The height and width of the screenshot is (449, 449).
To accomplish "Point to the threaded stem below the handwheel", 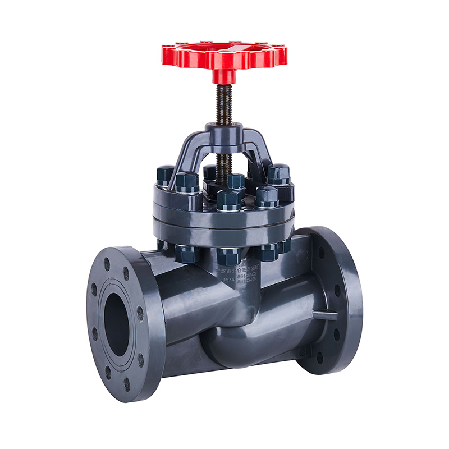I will tap(224, 104).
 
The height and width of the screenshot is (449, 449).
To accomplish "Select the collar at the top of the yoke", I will tap(224, 130).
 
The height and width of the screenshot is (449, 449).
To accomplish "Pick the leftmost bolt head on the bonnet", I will tap(165, 175).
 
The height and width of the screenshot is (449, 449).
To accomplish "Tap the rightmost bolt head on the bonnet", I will tap(278, 173).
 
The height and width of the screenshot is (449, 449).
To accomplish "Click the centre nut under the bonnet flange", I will tap(229, 255).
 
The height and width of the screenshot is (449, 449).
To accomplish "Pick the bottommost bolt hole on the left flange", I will tap(127, 385).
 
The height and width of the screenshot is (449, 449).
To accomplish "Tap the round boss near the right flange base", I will tap(303, 352).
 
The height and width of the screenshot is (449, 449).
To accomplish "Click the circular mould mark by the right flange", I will tap(303, 255).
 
